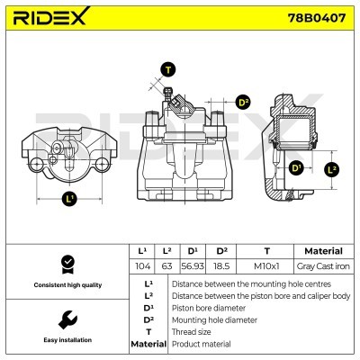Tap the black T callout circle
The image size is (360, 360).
coord(168,68)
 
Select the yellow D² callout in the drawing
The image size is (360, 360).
coord(243,102)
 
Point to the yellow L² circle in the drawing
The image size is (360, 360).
coord(331,168)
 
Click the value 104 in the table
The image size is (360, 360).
coord(141,266)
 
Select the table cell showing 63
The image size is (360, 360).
coord(166,266)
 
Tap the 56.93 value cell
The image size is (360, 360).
coord(193,266)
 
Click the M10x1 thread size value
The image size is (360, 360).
coord(266,266)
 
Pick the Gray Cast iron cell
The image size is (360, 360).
coord(323,266)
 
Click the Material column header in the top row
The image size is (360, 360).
coord(323,251)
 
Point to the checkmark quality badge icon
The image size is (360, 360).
coord(65,265)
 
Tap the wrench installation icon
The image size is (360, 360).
coord(65,319)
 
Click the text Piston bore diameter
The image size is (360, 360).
coord(209,307)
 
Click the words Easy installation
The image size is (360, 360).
coord(65,340)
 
